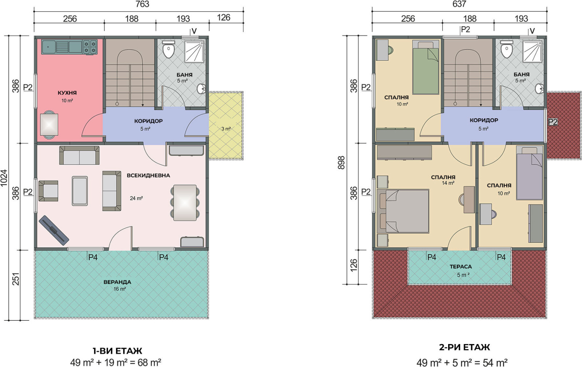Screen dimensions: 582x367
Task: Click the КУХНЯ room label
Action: (67, 93)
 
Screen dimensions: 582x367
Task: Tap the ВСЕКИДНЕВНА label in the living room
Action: (148, 175)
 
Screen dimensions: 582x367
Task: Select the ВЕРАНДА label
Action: (117, 282)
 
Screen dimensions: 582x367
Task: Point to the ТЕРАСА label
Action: (461, 267)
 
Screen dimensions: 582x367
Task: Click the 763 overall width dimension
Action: (142, 4)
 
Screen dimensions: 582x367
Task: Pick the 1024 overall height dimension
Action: (4, 178)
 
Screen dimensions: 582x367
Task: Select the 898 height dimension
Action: (341, 163)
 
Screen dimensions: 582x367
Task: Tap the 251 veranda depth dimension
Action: (16, 279)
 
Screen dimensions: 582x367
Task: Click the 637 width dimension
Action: (459, 4)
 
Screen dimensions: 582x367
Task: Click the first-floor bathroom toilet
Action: (169, 50)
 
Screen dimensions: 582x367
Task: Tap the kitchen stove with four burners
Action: (90, 47)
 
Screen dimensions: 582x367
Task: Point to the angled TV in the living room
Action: (54, 230)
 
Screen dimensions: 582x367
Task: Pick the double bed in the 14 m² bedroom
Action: (403, 211)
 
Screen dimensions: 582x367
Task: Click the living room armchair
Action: (48, 191)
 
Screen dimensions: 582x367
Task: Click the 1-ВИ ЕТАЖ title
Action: (117, 351)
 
